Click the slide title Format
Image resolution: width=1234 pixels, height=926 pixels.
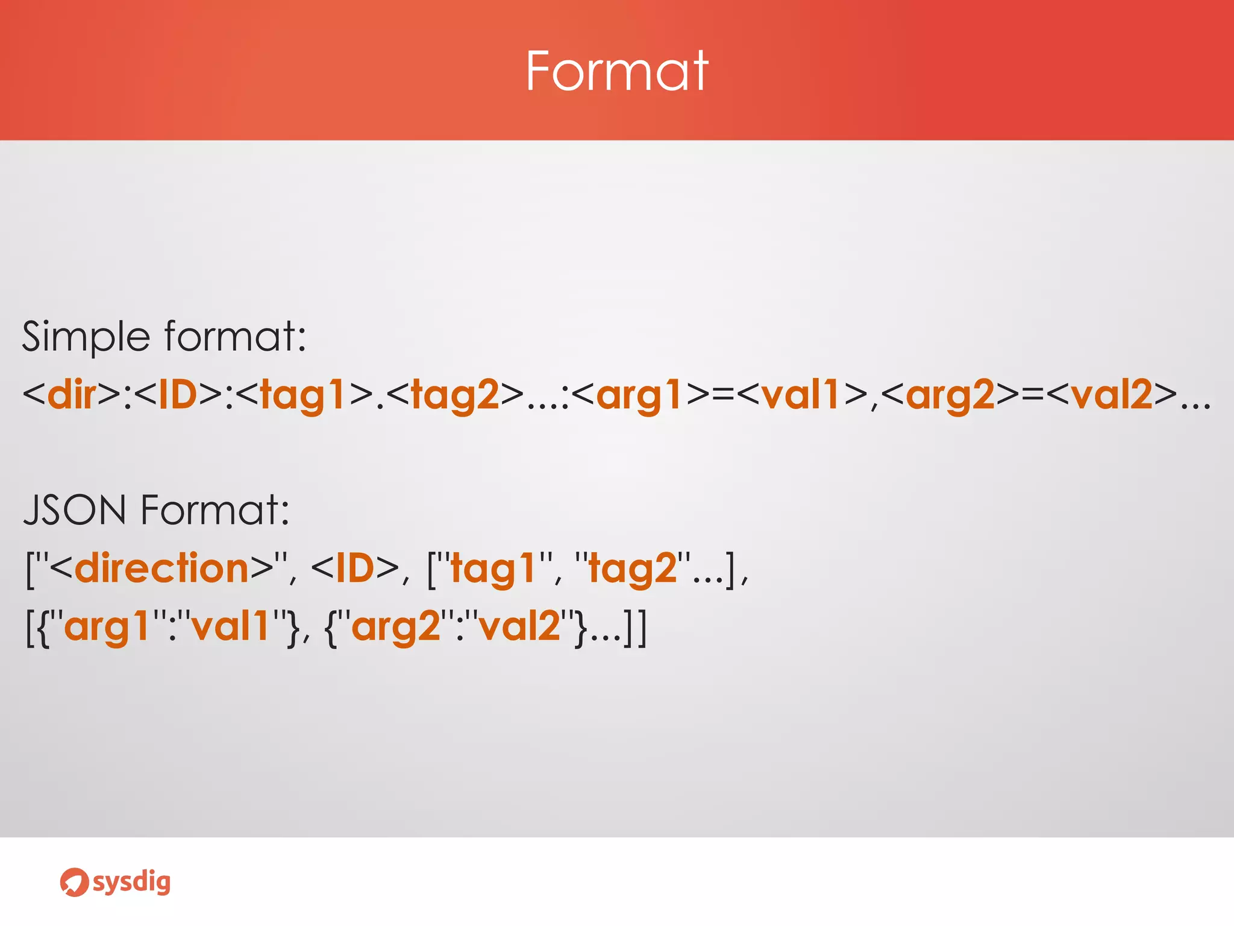[x=616, y=71]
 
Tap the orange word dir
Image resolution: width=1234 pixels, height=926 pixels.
[x=72, y=395]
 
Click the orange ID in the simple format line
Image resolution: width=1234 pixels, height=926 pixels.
[x=178, y=395]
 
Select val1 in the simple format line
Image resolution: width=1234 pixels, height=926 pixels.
[x=801, y=395]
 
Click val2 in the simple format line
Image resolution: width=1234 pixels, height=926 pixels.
[x=1112, y=395]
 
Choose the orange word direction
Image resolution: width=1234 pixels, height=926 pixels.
[x=162, y=568]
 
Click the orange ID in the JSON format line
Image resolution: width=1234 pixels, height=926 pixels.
[x=355, y=568]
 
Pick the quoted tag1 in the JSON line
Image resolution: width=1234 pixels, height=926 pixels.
[x=492, y=569]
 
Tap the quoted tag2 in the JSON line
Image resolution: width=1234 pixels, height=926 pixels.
[x=633, y=569]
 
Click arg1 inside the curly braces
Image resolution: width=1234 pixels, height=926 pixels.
[x=107, y=627]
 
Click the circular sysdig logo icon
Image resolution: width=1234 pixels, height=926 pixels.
[x=74, y=883]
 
